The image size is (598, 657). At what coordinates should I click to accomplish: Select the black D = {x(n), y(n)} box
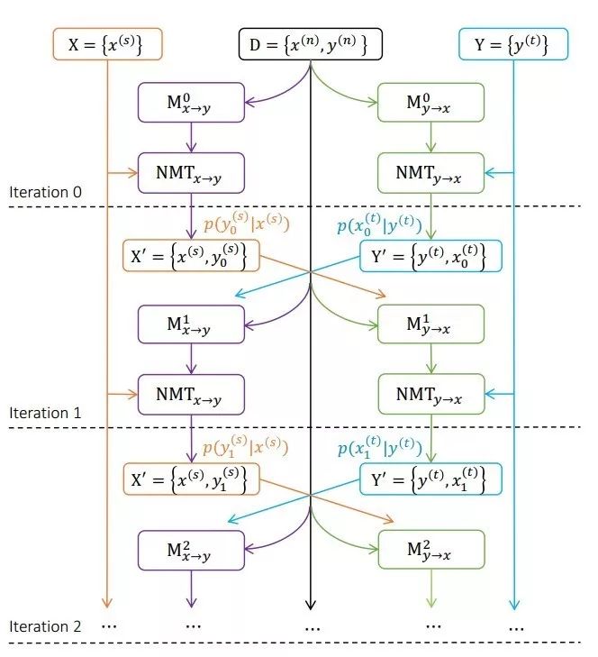(311, 43)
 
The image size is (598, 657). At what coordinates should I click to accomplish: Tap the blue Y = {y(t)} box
(514, 43)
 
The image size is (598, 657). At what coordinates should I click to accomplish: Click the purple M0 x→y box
(191, 102)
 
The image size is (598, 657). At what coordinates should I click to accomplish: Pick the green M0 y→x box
(431, 102)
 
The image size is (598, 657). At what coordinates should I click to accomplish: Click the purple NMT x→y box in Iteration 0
(191, 171)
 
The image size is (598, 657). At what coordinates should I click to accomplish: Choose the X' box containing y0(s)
(191, 256)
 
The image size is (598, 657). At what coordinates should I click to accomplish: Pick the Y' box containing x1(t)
(431, 478)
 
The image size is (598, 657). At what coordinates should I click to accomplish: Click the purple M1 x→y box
(191, 324)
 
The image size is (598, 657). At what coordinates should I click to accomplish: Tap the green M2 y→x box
(431, 549)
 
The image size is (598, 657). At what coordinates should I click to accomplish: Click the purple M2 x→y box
(191, 549)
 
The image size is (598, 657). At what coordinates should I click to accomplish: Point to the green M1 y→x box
(431, 324)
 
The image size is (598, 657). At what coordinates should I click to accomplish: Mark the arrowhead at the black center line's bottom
(311, 606)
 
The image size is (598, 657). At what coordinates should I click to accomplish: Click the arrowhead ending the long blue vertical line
(514, 606)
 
